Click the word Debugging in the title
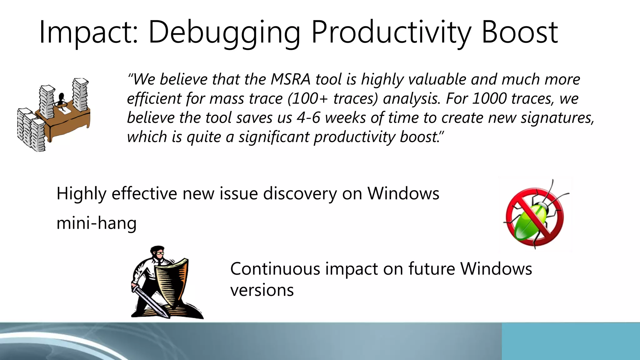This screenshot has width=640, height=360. coord(224,32)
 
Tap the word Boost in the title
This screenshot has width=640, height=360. coord(519,32)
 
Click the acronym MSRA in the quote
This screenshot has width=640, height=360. coord(290,79)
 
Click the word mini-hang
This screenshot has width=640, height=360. coord(97,223)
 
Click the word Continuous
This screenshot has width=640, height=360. coord(275,269)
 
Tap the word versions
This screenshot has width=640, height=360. coord(262,290)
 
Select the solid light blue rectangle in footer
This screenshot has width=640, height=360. coord(571,341)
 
